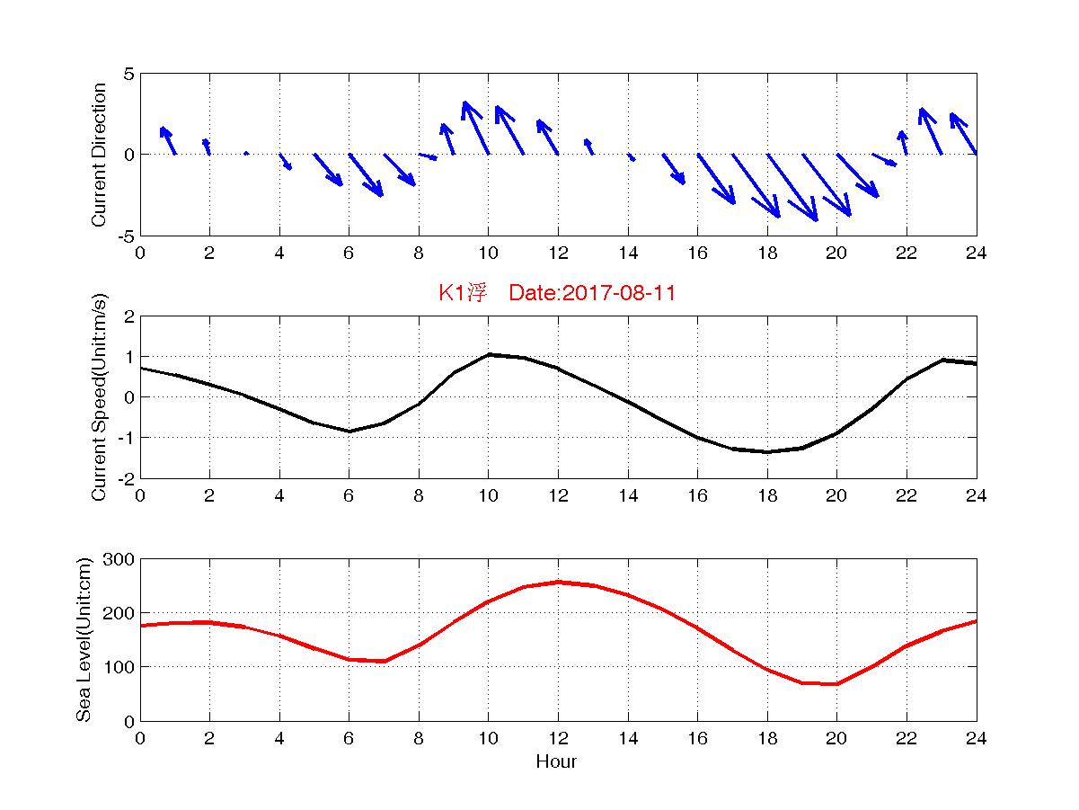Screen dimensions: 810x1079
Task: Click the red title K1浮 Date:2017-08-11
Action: (x=556, y=292)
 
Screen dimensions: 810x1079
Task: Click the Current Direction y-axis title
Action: (x=100, y=155)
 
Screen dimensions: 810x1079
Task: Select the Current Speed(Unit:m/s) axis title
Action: (x=100, y=397)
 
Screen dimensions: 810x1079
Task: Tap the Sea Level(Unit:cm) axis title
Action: (x=84, y=640)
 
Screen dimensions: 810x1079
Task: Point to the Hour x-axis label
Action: (x=556, y=762)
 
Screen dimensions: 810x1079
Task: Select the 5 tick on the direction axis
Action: (x=128, y=74)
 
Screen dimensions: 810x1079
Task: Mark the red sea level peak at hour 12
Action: (x=559, y=582)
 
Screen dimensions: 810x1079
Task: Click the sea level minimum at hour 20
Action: (x=837, y=684)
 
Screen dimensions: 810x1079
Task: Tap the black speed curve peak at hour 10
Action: (x=489, y=354)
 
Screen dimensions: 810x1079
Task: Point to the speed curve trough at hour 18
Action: (x=767, y=451)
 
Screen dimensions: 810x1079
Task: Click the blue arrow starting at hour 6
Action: (x=366, y=174)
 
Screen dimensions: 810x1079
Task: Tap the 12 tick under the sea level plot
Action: (x=558, y=739)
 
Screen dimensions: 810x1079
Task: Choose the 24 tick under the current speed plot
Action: (x=976, y=496)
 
